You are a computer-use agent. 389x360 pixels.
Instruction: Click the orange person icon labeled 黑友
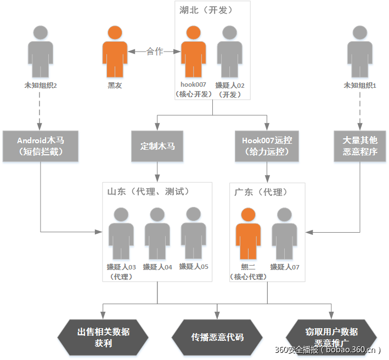pos(114,52)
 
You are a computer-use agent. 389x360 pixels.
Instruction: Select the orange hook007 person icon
pos(194,52)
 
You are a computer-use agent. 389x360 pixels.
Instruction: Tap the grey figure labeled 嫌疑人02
pos(229,52)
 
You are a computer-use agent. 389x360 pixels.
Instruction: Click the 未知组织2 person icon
pos(41,52)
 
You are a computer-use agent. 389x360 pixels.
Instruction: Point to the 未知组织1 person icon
pos(360,52)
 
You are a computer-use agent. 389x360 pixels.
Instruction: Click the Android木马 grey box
pos(41,146)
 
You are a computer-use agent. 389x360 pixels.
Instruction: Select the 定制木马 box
pos(157,146)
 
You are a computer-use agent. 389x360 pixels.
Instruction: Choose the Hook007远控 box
pos(267,146)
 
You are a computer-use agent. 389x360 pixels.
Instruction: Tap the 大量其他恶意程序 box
pos(360,146)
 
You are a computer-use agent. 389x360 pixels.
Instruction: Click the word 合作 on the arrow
pos(155,52)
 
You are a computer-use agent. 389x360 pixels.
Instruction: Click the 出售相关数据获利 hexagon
pos(103,336)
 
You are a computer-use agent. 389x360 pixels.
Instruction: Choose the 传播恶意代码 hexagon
pos(217,336)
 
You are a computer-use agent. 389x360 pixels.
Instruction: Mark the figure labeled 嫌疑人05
pos(194,233)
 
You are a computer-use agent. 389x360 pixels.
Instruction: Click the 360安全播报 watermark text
pos(328,350)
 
